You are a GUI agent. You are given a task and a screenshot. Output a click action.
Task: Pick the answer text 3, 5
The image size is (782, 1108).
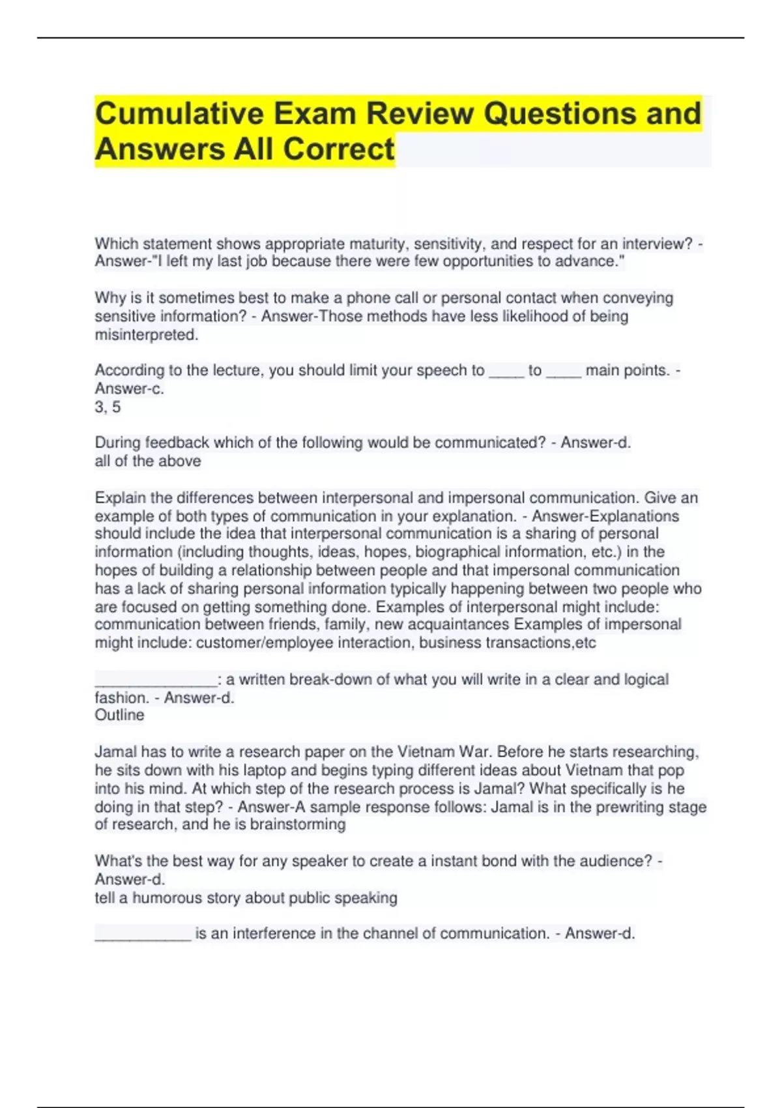pos(108,407)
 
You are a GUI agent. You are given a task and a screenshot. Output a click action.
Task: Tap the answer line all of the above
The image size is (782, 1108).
pos(148,461)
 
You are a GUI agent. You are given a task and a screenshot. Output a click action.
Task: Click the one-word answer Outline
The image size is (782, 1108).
pos(119,715)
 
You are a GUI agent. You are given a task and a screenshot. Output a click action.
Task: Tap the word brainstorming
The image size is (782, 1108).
pos(298,824)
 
